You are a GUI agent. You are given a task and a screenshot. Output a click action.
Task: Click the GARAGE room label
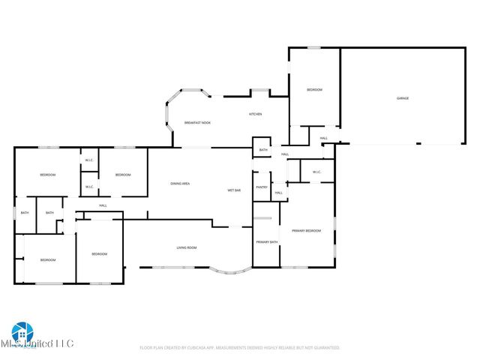coord(403,98)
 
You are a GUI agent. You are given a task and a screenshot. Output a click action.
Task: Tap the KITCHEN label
coord(255,114)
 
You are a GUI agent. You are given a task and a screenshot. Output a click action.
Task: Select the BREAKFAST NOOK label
coord(196,123)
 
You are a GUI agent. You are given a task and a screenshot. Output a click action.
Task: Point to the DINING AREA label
coord(180,184)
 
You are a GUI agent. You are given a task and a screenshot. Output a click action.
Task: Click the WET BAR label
coord(234,190)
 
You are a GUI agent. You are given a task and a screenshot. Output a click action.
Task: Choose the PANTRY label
coord(262,187)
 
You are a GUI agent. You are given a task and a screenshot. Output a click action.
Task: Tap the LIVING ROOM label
coord(187,248)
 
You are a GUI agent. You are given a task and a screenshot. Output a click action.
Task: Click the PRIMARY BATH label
coord(267,242)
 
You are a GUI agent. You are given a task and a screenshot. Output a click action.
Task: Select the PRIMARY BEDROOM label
coord(306,230)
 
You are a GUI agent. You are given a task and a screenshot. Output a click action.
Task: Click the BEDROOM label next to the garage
coord(314,90)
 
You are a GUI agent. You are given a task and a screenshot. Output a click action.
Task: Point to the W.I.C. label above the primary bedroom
coord(316,172)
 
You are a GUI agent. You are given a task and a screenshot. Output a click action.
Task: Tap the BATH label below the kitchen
coord(263,150)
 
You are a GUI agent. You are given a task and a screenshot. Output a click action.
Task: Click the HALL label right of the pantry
coord(278,193)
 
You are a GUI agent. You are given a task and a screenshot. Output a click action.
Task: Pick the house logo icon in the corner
coord(20,332)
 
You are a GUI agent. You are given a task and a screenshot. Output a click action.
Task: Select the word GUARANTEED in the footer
coord(324,348)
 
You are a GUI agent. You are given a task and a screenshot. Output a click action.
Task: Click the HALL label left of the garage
coord(324,138)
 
